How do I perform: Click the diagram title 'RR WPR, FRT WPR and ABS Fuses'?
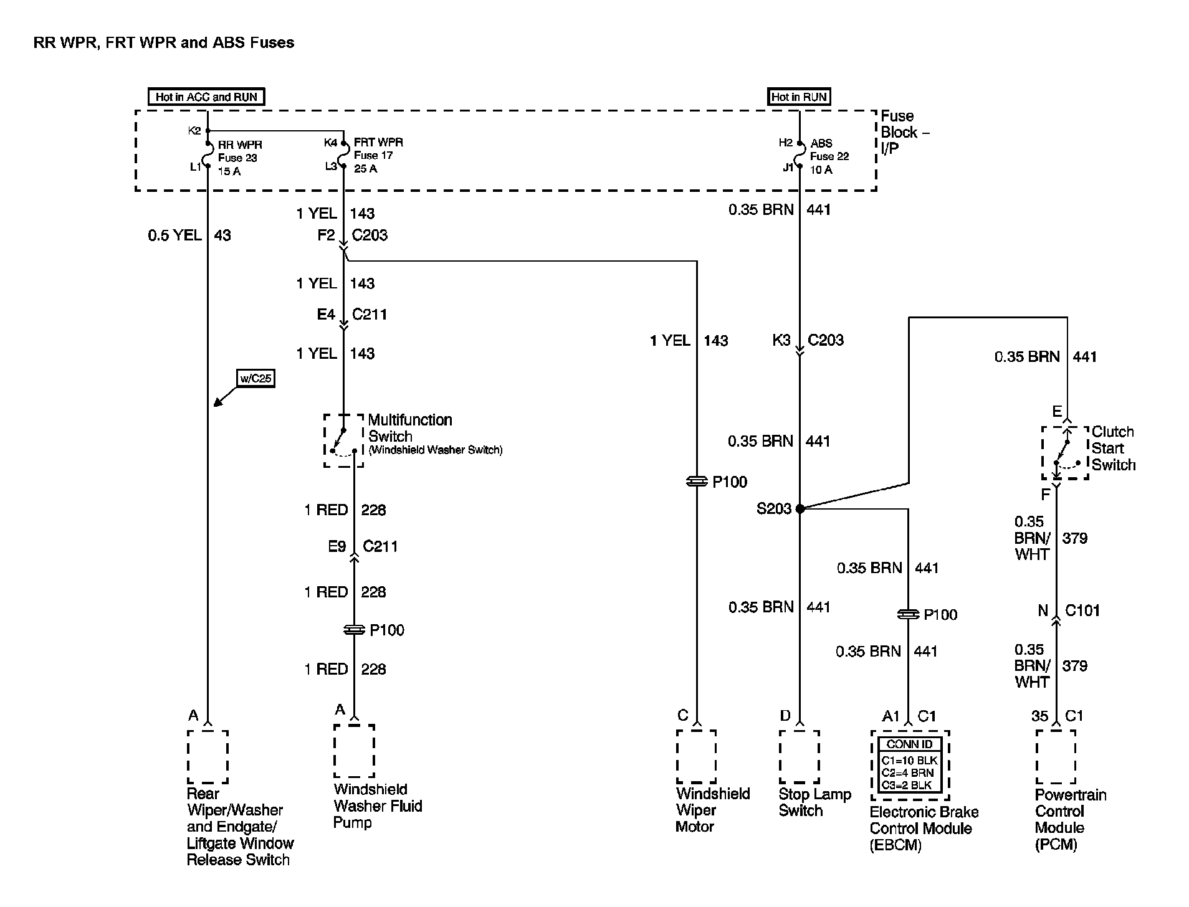tap(164, 43)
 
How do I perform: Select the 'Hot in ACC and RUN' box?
tap(206, 97)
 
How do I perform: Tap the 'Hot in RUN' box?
tap(799, 97)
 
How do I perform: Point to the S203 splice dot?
tap(800, 508)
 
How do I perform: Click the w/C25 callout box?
tap(256, 378)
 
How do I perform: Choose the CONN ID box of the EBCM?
tap(910, 765)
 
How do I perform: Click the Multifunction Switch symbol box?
tap(343, 440)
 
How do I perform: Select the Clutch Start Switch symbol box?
tap(1065, 453)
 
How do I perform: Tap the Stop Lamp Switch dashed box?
tap(799, 756)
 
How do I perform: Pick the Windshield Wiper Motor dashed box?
tap(696, 756)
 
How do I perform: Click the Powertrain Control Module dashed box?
tap(1056, 756)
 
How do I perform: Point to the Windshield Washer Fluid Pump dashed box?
tap(354, 751)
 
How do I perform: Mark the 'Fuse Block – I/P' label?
tap(903, 133)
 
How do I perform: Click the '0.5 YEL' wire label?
tap(174, 235)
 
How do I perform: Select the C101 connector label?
tap(1082, 610)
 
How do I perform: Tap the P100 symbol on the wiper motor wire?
tap(696, 482)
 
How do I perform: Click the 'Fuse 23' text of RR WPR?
tap(237, 158)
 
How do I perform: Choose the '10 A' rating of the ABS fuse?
tap(821, 170)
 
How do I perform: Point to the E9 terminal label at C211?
tap(337, 547)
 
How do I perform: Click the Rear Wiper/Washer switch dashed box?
tap(208, 756)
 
